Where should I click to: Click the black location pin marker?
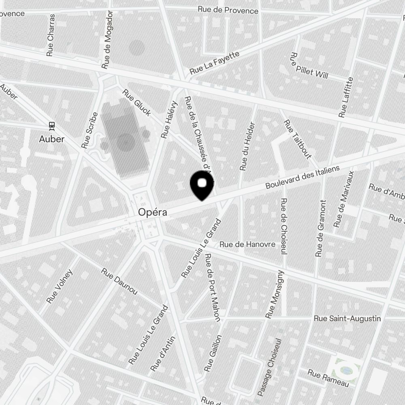(202, 185)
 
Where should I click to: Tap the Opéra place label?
(152, 212)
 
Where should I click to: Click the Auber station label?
(52, 139)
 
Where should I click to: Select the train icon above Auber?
(52, 126)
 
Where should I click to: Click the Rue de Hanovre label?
(247, 244)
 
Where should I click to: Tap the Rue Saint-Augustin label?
(347, 319)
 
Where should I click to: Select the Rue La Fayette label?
(214, 63)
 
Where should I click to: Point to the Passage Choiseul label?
(269, 367)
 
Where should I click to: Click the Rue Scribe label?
(90, 130)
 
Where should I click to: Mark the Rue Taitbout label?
(297, 139)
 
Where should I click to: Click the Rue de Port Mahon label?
(213, 287)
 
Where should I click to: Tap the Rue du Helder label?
(247, 146)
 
